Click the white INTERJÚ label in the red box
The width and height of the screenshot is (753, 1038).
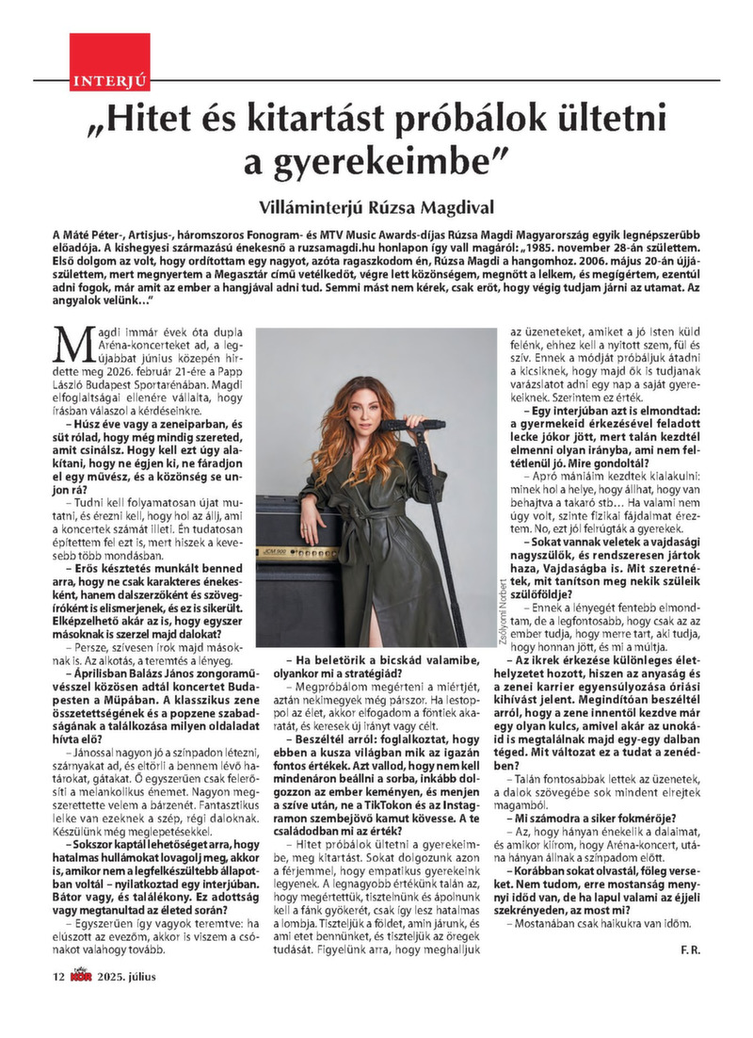point(97,84)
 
